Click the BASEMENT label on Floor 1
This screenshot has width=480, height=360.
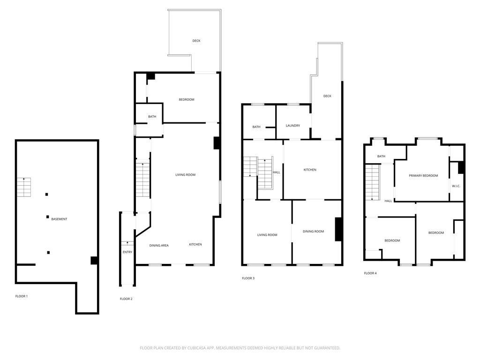click(59, 219)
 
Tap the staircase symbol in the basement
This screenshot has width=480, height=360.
click(24, 187)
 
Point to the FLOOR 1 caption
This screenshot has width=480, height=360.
click(22, 296)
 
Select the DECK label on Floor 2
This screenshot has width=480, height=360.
click(196, 41)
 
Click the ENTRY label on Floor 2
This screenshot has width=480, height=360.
click(127, 252)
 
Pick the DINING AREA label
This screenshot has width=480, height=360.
click(159, 245)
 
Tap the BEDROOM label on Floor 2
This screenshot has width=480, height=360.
click(186, 99)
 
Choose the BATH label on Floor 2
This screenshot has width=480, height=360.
click(152, 117)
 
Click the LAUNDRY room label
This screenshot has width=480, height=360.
click(293, 125)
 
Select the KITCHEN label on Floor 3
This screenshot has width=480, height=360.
click(310, 170)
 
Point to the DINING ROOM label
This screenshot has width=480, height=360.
click(313, 231)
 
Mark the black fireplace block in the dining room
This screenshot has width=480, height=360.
click(338, 229)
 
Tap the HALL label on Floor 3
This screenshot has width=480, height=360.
click(277, 172)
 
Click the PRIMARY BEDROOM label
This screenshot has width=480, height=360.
click(423, 176)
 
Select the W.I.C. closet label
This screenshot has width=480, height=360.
click(456, 186)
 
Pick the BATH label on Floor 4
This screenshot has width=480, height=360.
click(381, 156)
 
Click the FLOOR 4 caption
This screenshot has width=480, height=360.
click(370, 273)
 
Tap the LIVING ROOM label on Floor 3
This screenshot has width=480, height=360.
click(267, 235)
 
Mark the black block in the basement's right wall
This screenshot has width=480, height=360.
click(94, 260)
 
